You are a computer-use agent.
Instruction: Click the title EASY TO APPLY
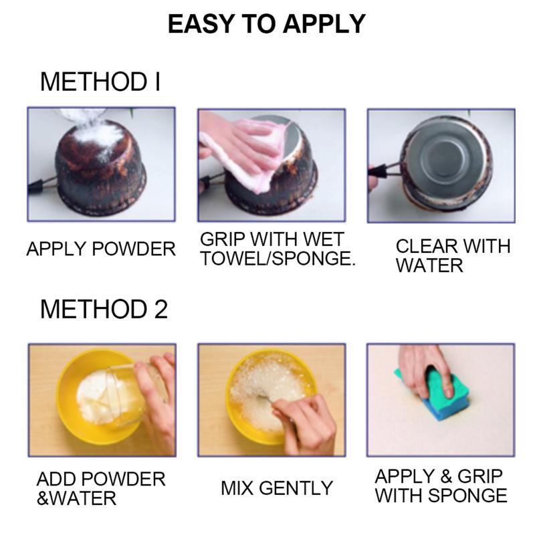[266, 24]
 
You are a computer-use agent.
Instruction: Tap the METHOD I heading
[100, 82]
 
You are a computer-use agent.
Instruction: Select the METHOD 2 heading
[104, 309]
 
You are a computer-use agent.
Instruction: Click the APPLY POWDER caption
[101, 249]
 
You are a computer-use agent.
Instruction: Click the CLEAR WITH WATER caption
[453, 255]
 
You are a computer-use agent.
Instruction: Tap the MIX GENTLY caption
[277, 488]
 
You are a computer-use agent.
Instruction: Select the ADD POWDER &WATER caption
[101, 488]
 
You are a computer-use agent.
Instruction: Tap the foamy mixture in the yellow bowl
[270, 389]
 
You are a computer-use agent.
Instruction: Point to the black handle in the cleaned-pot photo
[379, 171]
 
